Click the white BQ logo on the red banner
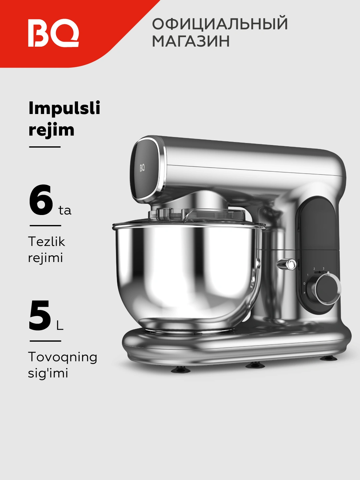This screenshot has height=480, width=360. click(x=54, y=33)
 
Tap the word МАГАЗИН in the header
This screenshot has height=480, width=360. click(x=191, y=41)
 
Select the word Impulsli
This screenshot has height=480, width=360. click(x=64, y=108)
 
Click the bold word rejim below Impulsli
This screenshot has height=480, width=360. click(x=51, y=130)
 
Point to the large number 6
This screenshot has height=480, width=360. click(x=41, y=199)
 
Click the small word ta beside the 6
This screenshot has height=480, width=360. click(x=65, y=210)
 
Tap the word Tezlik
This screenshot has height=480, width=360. click(x=47, y=242)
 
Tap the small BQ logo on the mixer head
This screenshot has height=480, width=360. click(x=142, y=168)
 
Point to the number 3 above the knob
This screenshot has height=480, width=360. click(x=323, y=269)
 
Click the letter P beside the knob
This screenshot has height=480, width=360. click(x=304, y=293)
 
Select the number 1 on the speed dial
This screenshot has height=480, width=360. click(x=308, y=275)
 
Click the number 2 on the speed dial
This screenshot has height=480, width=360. click(x=314, y=269)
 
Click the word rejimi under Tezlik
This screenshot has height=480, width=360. click(x=45, y=258)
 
